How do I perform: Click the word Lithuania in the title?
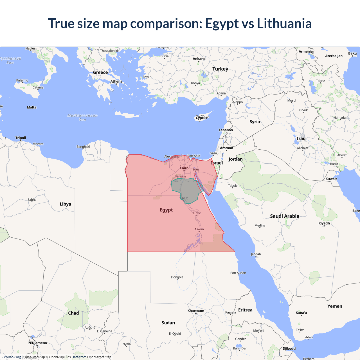point(284,23)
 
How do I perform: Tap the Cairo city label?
point(184,168)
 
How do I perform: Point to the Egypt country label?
point(166,210)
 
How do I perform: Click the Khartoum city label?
point(196,311)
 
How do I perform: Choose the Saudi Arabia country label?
point(284,216)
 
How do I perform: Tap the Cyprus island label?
point(201,118)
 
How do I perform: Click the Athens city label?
point(116,82)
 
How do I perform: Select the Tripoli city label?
point(21,138)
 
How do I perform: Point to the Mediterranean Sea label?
point(82,118)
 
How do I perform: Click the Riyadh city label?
point(324,223)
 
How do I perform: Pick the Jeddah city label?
point(256,254)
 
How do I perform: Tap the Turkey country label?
point(220,69)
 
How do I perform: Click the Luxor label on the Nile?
point(197,213)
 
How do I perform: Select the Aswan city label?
point(199,229)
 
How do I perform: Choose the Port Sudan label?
point(238,273)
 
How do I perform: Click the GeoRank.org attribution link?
point(11,357)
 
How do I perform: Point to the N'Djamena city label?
point(37,343)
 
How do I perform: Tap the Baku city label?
point(352,53)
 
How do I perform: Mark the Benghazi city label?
point(83,147)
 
